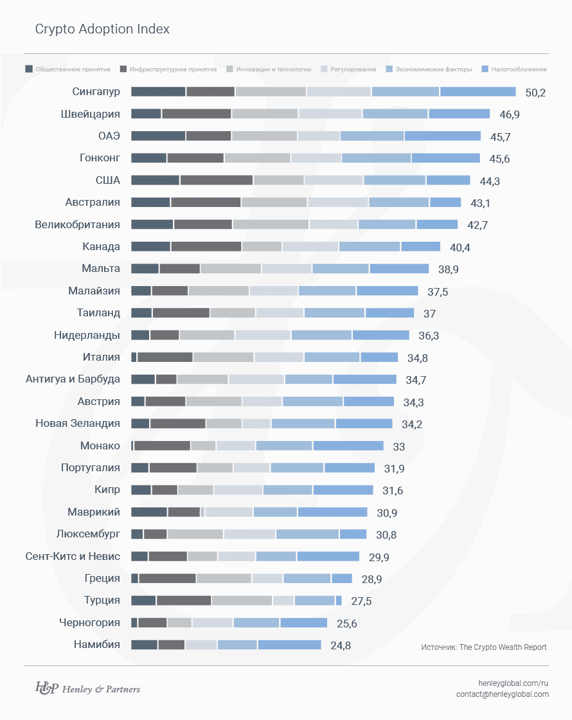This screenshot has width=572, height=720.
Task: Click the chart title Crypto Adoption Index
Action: [102, 30]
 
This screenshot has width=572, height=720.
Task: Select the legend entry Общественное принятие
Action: [67, 69]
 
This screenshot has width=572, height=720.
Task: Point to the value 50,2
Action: [535, 93]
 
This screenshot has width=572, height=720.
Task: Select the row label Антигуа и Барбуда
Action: [73, 379]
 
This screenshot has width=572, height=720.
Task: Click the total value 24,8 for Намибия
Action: [340, 645]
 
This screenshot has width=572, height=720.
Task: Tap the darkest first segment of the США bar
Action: [155, 181]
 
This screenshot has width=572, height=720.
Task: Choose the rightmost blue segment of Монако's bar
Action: [348, 446]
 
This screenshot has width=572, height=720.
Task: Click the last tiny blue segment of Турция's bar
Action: [339, 600]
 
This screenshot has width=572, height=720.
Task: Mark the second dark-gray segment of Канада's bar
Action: [206, 247]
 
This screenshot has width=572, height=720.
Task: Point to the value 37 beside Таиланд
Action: [429, 314]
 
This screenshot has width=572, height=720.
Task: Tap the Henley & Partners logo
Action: [87, 688]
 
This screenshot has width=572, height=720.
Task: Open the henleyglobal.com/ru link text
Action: [514, 682]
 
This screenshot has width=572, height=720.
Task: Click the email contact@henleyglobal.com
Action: [502, 694]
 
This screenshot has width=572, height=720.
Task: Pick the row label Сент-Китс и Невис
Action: [73, 556]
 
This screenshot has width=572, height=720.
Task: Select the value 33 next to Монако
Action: [398, 447]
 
